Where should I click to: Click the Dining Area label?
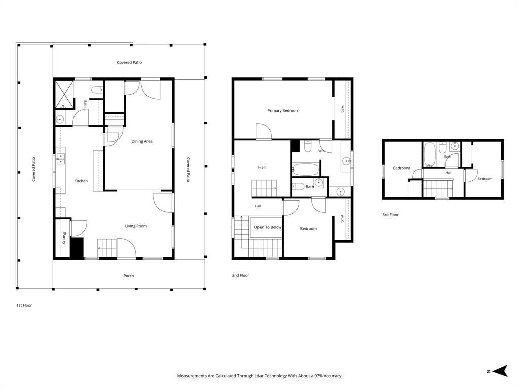pos(142,142)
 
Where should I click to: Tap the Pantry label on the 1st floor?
pos(64,238)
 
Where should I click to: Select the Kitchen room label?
pos(81,181)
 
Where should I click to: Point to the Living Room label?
pos(136,226)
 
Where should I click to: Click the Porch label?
pos(128,276)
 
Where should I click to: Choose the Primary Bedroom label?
pos(283,111)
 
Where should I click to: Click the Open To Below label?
pos(268,227)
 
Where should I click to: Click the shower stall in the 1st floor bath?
pos(63,94)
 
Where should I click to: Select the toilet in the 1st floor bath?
pos(97,90)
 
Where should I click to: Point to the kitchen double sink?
pos(61,159)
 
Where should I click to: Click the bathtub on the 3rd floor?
pos(430,154)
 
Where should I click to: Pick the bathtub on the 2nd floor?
pos(306,169)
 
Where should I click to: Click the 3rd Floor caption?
pos(391,215)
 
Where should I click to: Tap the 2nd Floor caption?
pos(240,275)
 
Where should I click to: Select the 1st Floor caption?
pos(24,305)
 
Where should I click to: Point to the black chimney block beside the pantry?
pos(77,247)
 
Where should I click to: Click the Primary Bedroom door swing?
pos(264,131)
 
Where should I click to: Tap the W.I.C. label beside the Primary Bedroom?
pos(342,109)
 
